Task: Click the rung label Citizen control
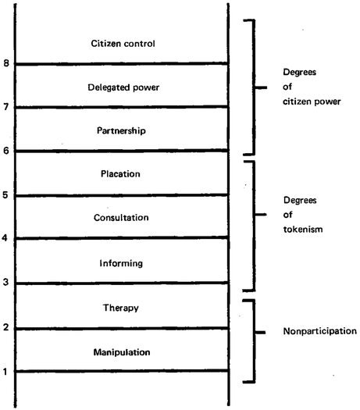click(123, 44)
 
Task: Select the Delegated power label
click(123, 87)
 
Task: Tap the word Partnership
click(121, 130)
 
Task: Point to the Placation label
click(120, 174)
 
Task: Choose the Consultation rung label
click(121, 218)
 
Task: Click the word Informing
click(121, 263)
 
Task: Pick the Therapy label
click(121, 308)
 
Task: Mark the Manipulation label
click(122, 352)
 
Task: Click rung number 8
click(6, 63)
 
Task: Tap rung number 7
click(6, 107)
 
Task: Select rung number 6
click(6, 151)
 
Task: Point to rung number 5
click(5, 194)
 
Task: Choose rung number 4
click(5, 238)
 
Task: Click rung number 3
click(5, 282)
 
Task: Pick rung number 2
click(5, 327)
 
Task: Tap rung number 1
click(5, 371)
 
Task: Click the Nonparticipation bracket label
click(320, 331)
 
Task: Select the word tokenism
click(303, 230)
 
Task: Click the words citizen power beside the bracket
click(312, 102)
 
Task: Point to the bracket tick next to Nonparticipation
click(260, 333)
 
